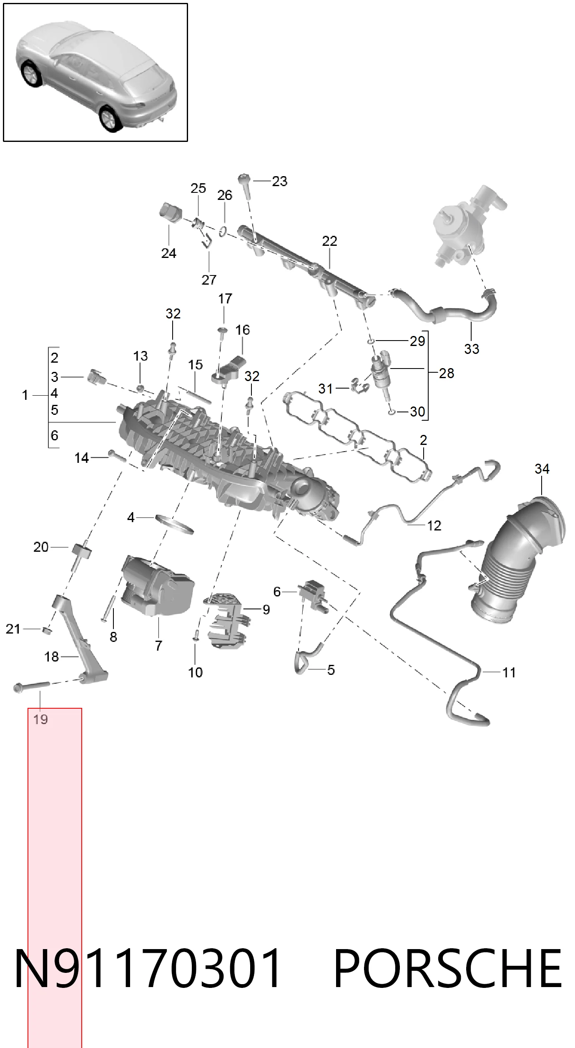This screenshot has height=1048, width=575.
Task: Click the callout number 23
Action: [279, 181]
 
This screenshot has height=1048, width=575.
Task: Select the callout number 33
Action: [472, 349]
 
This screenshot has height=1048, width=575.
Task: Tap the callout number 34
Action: [542, 469]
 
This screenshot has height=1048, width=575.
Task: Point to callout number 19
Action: [40, 719]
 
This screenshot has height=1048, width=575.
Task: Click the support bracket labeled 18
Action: [79, 639]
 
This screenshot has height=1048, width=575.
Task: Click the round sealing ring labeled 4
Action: [174, 524]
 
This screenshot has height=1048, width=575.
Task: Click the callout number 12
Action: [434, 525]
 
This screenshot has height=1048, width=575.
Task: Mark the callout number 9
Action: [266, 610]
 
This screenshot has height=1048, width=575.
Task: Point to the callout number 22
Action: [329, 241]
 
